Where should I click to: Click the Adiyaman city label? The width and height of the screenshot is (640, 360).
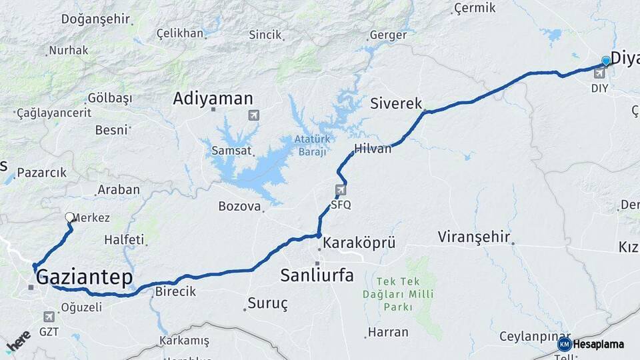pos(213,99)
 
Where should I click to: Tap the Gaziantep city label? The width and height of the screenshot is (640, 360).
pos(84,277)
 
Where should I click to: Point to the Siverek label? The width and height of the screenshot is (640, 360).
pos(396,103)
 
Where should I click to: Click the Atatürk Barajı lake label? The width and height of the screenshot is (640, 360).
pos(311,145)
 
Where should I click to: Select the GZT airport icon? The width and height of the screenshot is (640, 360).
pos(49,317)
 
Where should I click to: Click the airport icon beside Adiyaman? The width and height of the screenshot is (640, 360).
pos(253,115)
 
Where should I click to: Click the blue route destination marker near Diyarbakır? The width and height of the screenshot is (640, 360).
pos(606,61)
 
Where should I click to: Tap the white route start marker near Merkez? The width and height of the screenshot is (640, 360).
pos(69,217)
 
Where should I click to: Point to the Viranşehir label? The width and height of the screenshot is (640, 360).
pos(474,237)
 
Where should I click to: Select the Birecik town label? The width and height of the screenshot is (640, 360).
pos(175,291)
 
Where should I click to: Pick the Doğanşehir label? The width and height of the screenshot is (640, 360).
pos(95,19)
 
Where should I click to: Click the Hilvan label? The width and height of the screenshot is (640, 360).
pos(373,149)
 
